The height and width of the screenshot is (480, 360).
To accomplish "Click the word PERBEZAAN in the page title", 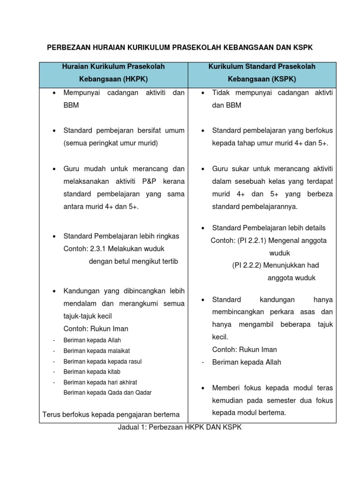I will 68,48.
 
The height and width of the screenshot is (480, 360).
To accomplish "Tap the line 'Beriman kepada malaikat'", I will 97,351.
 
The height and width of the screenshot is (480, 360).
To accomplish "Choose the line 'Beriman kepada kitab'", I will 91,372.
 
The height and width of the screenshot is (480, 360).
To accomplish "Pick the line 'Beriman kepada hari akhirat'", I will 100,382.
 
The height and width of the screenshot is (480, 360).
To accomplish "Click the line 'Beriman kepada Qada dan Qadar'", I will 107,392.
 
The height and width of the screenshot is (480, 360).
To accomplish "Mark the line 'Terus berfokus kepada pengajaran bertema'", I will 111,414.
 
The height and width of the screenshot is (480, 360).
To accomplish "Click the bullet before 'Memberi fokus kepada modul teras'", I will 202,388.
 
